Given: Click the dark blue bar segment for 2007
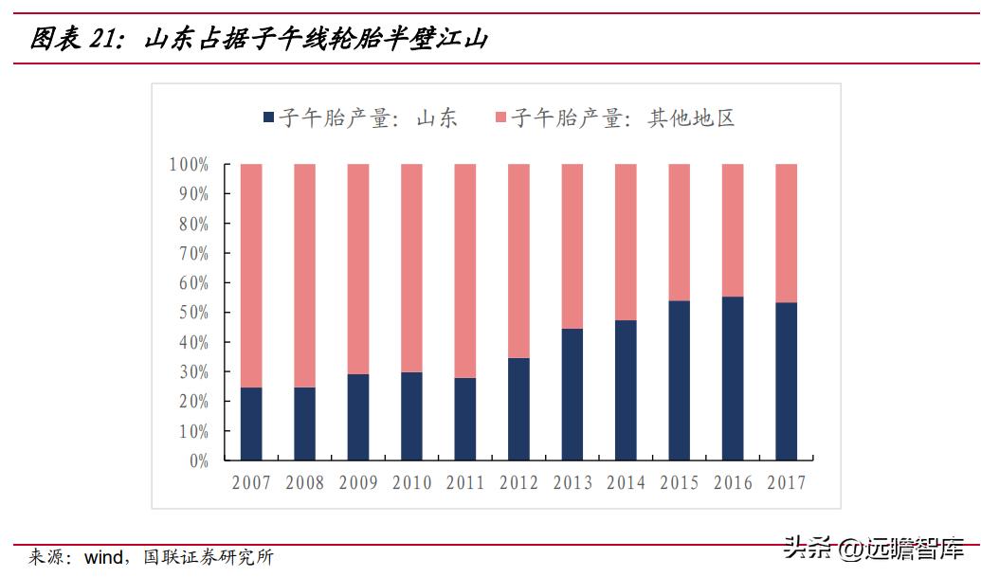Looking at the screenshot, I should (x=251, y=424).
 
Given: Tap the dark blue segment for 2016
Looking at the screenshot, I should (x=733, y=379).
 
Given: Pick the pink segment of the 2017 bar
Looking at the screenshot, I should (x=787, y=233).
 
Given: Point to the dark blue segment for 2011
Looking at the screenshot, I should (x=465, y=419).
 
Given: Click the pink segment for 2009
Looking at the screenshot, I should (x=358, y=269).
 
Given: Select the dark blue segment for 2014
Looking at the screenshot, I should (x=626, y=390).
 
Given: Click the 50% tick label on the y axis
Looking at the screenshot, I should (x=189, y=313).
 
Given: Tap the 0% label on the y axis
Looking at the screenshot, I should (x=195, y=461).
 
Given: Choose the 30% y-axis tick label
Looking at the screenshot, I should (x=189, y=372).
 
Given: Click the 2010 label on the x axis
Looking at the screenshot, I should (x=411, y=483).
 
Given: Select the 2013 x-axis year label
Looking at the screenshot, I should (x=572, y=483).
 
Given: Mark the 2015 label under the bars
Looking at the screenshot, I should (x=680, y=483).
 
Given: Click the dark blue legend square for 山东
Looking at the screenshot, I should (x=268, y=118).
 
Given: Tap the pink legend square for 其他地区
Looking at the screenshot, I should (x=501, y=118).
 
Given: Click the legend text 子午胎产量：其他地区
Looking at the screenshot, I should (x=623, y=118).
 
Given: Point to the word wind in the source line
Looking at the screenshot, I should (x=103, y=557).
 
